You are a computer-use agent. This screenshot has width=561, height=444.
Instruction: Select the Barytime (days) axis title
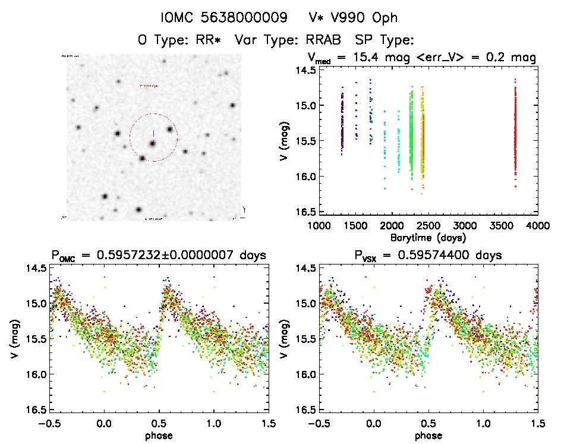[427, 237]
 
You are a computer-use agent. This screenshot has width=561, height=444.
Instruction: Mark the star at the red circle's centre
[153, 143]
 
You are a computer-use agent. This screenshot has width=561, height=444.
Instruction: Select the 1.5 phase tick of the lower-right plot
[537, 423]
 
